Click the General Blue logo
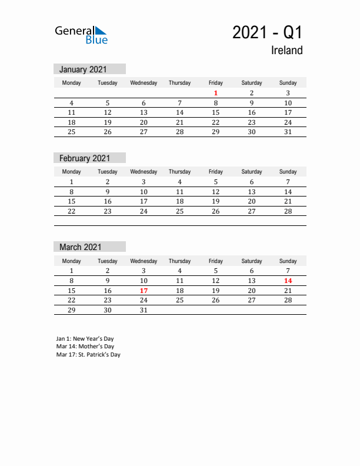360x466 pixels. click(x=81, y=35)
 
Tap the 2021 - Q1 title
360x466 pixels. click(x=267, y=32)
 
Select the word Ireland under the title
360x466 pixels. click(x=286, y=51)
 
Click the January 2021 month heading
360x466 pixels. click(x=83, y=69)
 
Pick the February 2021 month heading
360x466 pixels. click(x=84, y=158)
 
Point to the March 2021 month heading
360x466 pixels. click(x=80, y=247)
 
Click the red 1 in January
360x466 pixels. click(x=216, y=93)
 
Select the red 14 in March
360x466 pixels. click(x=288, y=281)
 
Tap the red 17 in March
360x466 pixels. click(x=144, y=291)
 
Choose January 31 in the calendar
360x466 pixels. click(x=288, y=132)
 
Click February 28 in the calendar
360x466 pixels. click(x=288, y=211)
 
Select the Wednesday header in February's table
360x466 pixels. click(x=144, y=172)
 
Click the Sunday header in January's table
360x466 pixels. click(x=288, y=83)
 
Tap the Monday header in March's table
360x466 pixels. click(x=72, y=261)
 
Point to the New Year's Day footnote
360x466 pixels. click(x=85, y=339)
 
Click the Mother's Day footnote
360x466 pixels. click(x=85, y=347)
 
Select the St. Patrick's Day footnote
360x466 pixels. click(x=88, y=355)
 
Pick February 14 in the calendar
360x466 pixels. click(x=288, y=192)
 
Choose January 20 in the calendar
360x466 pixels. click(x=144, y=122)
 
